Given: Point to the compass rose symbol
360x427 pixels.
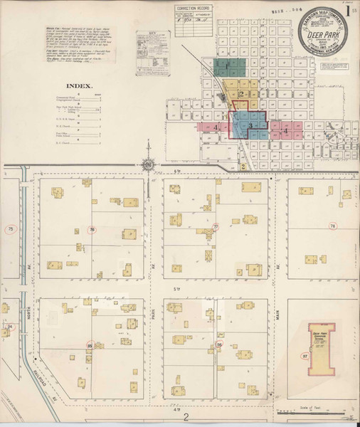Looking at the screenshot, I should tap(147, 166).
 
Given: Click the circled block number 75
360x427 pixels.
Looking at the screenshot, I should tap(10, 228).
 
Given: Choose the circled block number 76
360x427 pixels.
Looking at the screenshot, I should tap(92, 228).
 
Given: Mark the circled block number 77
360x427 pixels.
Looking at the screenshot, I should tap(216, 228).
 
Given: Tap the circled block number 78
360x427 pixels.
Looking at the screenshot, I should tap(332, 226).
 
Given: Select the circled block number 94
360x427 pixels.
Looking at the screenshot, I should tap(10, 327).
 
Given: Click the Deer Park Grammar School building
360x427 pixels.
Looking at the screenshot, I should tap(322, 352).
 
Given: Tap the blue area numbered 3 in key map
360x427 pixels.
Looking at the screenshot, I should tap(249, 125).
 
